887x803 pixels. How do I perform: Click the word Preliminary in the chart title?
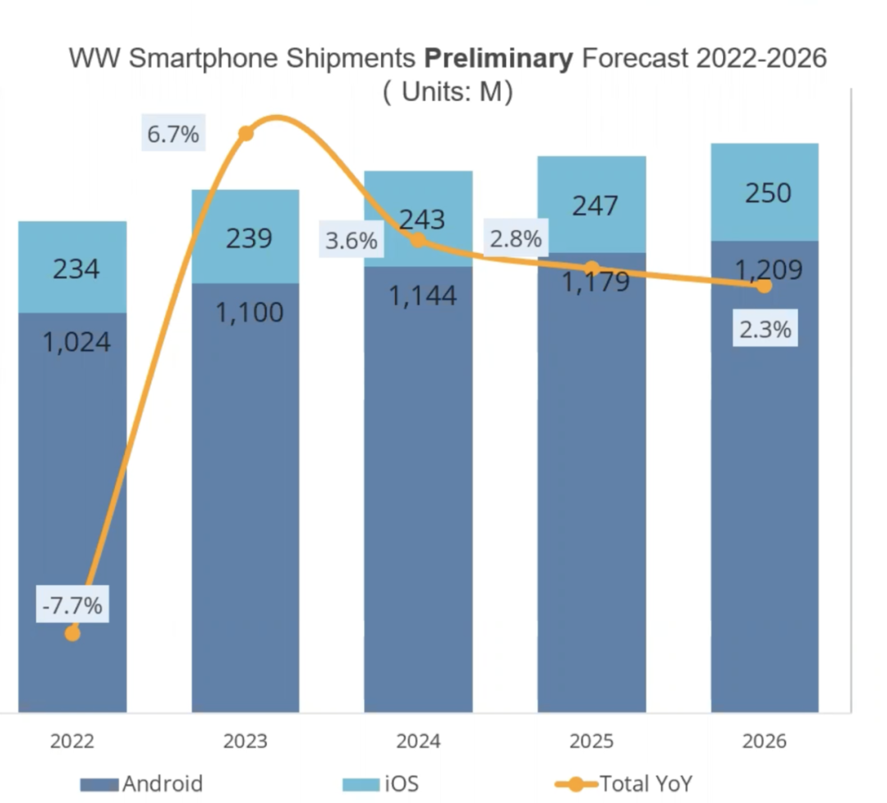click(x=497, y=59)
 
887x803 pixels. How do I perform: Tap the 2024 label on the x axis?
click(x=418, y=741)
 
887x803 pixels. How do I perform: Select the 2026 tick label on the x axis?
click(x=764, y=741)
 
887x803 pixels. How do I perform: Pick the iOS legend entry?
click(x=400, y=783)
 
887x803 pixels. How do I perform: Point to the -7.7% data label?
click(x=73, y=607)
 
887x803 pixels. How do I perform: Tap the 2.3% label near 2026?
click(x=764, y=330)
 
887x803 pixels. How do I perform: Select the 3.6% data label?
click(x=352, y=241)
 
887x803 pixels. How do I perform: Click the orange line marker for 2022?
click(x=72, y=633)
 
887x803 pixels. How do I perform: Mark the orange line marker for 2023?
click(x=245, y=134)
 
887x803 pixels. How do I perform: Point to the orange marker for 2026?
click(x=764, y=286)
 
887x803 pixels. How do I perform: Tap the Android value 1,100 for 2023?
click(x=250, y=312)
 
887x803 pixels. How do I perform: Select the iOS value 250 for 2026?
click(x=768, y=193)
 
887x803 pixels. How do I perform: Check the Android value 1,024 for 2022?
click(x=76, y=342)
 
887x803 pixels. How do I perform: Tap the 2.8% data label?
click(x=516, y=239)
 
